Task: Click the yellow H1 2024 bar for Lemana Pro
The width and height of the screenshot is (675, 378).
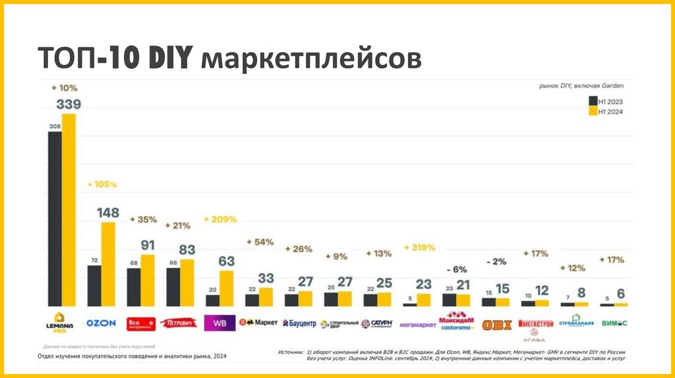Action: tap(69, 209)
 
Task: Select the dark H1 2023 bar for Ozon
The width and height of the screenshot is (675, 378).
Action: tap(94, 286)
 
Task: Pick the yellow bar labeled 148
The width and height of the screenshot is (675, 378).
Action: tap(107, 264)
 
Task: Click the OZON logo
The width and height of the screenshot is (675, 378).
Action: tap(102, 323)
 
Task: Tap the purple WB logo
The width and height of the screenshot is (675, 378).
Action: tap(220, 323)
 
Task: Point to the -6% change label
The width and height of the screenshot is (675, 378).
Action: tap(457, 269)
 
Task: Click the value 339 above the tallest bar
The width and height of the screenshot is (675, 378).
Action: tap(69, 104)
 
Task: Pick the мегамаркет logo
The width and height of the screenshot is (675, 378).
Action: tap(417, 324)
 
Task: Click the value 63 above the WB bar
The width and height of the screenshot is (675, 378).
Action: tap(226, 261)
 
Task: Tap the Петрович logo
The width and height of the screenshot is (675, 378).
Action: tap(180, 323)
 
